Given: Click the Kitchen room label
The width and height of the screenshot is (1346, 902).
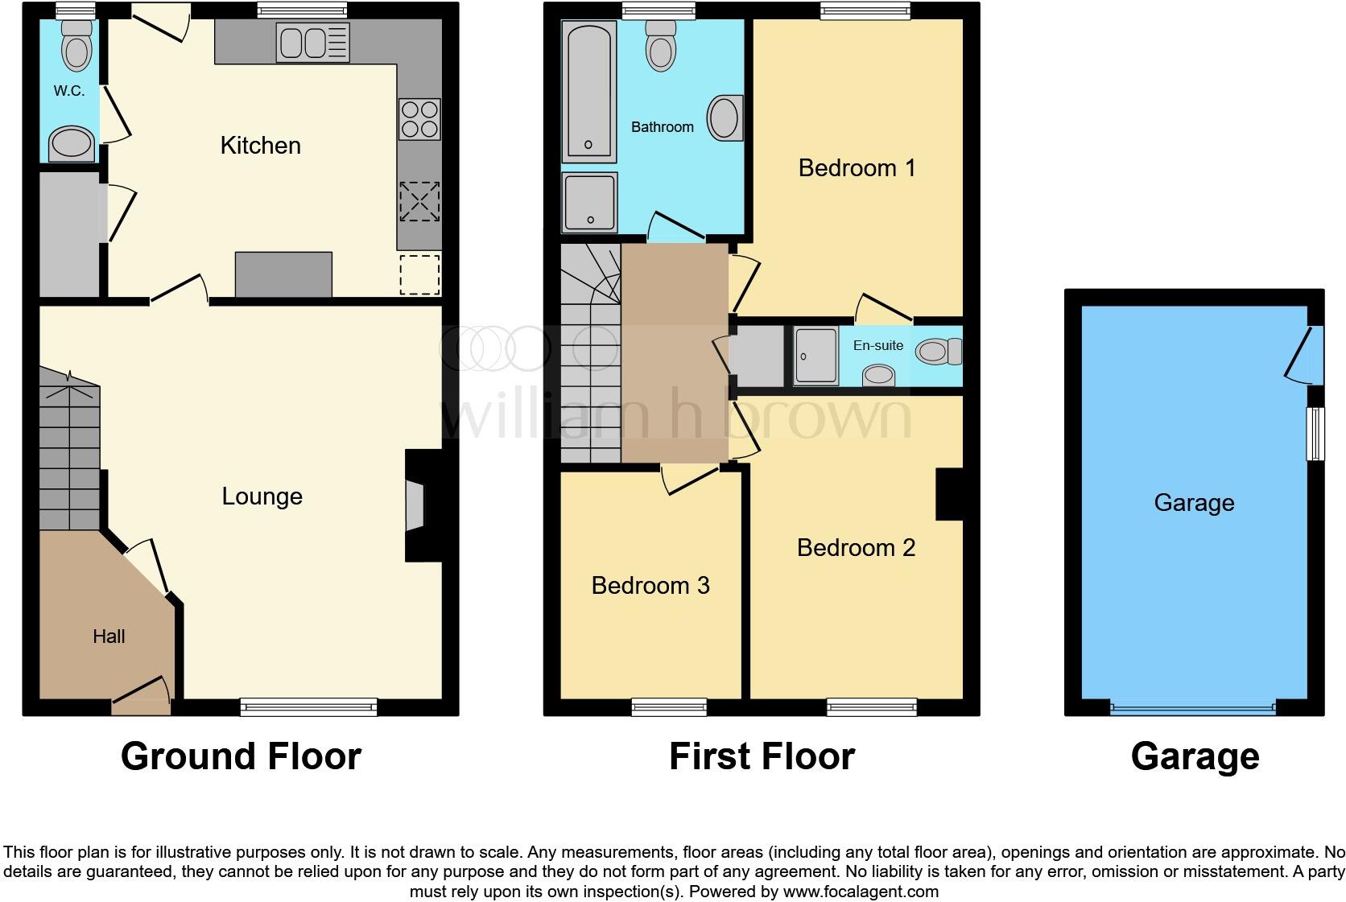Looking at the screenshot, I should (260, 146).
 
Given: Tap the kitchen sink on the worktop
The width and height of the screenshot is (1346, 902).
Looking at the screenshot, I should (312, 42).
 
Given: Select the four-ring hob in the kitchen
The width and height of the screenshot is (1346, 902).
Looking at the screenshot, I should (419, 119).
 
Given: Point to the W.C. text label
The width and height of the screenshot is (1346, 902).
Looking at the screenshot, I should (69, 91).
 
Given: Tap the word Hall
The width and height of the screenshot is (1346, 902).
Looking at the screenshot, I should (109, 636).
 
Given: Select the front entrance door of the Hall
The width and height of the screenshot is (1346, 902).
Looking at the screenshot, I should (142, 697).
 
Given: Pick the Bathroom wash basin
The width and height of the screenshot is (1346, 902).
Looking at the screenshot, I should (725, 118).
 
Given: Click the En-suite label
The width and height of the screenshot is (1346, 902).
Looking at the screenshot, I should (877, 345).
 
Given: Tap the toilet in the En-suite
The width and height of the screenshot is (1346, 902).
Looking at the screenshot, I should (939, 351).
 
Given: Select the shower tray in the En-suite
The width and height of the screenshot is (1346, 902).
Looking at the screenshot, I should (815, 355).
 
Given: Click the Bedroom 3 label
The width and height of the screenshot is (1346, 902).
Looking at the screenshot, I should (650, 586).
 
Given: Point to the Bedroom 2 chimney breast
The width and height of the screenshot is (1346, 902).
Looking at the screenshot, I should (949, 494).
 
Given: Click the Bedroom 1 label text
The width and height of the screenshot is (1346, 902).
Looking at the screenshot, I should (857, 168).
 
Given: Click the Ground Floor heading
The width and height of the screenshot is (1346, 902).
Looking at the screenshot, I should (241, 756).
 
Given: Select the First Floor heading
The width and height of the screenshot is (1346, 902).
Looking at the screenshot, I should (762, 756).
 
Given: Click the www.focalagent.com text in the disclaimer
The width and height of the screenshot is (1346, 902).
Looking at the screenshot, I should (860, 892).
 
